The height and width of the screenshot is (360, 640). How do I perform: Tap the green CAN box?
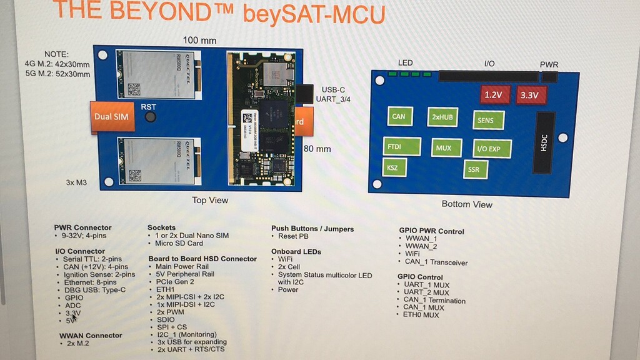[399, 116]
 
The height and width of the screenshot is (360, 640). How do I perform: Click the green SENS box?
[487, 120]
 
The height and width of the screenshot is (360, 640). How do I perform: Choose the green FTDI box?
[396, 147]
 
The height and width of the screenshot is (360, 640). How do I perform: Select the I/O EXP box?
[492, 149]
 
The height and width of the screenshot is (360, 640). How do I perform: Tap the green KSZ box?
[392, 167]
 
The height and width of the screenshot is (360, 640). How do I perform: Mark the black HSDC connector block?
[543, 142]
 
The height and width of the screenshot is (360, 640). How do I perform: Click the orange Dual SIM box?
[111, 116]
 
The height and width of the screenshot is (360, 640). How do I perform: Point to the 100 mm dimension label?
[199, 41]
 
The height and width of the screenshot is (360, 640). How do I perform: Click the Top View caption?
[209, 201]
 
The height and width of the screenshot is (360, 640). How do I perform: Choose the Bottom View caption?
[466, 204]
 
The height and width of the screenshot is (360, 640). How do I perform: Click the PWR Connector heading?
[82, 227]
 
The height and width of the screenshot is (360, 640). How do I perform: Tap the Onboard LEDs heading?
[296, 251]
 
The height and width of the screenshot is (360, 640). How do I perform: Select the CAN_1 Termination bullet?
[434, 300]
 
